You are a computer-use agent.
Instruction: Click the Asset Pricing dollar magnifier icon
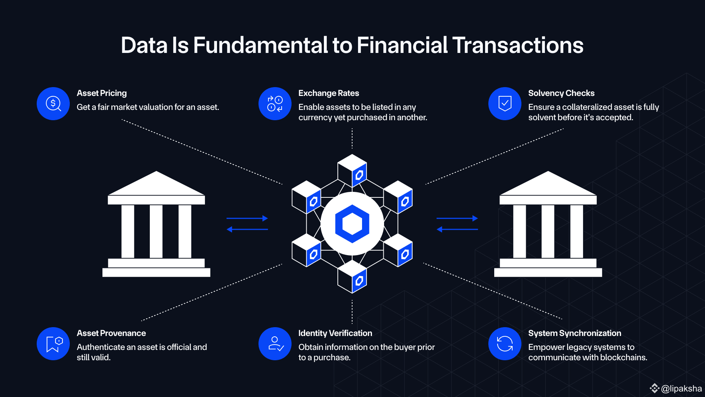tap(53, 104)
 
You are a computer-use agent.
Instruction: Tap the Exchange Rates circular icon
tap(275, 104)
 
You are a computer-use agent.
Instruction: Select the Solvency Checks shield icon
tap(505, 104)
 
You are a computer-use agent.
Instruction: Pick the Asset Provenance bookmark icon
tap(53, 344)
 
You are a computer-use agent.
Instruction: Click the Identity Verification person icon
tap(275, 344)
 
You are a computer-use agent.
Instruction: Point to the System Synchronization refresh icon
tap(505, 344)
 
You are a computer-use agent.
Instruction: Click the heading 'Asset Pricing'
tap(102, 93)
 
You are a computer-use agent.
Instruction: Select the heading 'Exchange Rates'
tap(329, 93)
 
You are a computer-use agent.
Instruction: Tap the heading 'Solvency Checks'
tap(561, 93)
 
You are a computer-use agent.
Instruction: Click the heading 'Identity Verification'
tap(335, 333)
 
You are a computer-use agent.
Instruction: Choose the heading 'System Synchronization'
tap(575, 333)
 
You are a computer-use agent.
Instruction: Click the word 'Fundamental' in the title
tap(260, 45)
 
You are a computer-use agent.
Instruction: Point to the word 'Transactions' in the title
tap(518, 45)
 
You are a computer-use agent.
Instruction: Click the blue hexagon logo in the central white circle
tap(352, 223)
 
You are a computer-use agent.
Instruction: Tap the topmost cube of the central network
tap(352, 170)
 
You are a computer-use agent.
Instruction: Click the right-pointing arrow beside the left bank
tap(247, 218)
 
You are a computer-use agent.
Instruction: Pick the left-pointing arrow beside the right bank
tap(457, 229)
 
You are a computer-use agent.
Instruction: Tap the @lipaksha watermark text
tap(681, 389)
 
